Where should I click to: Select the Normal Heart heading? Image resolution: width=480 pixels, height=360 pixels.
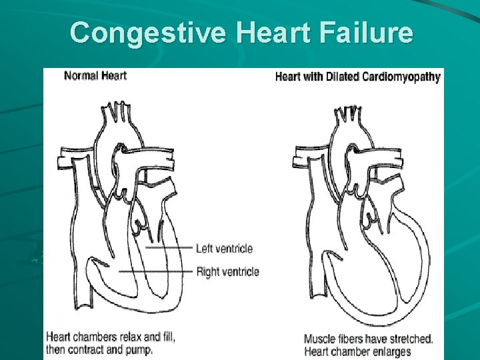point(95,75)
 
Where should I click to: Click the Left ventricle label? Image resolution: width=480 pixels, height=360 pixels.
point(224,249)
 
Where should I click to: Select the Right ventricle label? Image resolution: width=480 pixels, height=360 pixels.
point(227,271)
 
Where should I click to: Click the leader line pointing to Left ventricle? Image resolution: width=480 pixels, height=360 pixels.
point(169,249)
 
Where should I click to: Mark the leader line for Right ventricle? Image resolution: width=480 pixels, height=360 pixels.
point(157,271)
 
